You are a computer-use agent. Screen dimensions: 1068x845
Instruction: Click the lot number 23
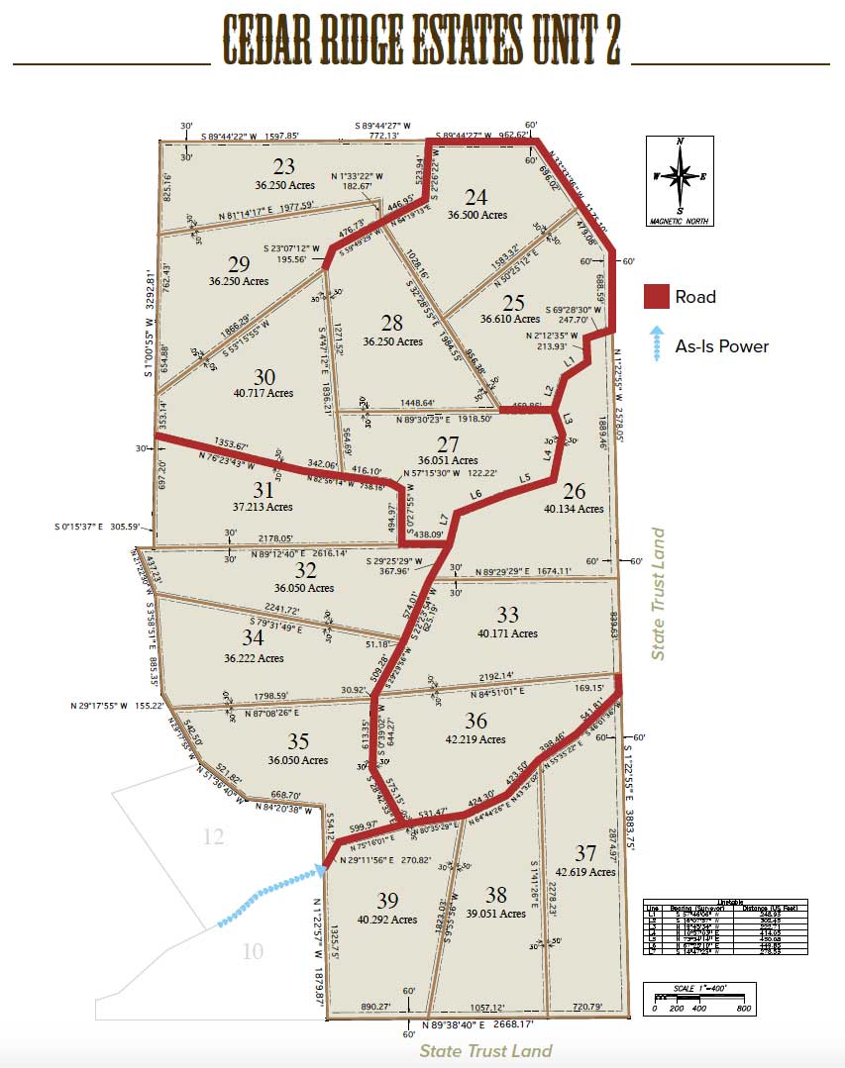tap(284, 166)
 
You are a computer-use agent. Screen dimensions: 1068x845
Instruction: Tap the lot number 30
tap(264, 376)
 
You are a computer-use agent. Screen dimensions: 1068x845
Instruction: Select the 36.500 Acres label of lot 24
tap(476, 215)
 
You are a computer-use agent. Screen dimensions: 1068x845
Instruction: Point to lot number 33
tap(507, 616)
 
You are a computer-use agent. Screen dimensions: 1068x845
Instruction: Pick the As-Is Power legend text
tap(722, 345)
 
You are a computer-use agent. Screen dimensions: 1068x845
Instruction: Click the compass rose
tap(680, 176)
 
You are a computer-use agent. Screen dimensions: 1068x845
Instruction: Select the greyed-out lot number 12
tap(213, 837)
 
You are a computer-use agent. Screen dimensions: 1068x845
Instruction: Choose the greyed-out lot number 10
tap(253, 952)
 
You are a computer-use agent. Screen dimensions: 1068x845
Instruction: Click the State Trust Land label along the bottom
tap(485, 1051)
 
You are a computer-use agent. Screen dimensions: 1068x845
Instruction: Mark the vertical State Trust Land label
tap(657, 594)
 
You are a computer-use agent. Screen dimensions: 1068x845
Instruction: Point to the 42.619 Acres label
tap(585, 872)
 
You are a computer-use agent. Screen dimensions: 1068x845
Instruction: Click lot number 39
tap(387, 901)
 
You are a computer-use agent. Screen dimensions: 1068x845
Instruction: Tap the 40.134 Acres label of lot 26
tap(573, 509)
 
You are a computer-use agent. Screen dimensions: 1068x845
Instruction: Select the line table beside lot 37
tap(725, 927)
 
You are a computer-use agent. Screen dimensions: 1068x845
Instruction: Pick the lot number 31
tap(263, 489)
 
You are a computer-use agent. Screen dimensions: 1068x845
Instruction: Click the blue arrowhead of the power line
tap(321, 869)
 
